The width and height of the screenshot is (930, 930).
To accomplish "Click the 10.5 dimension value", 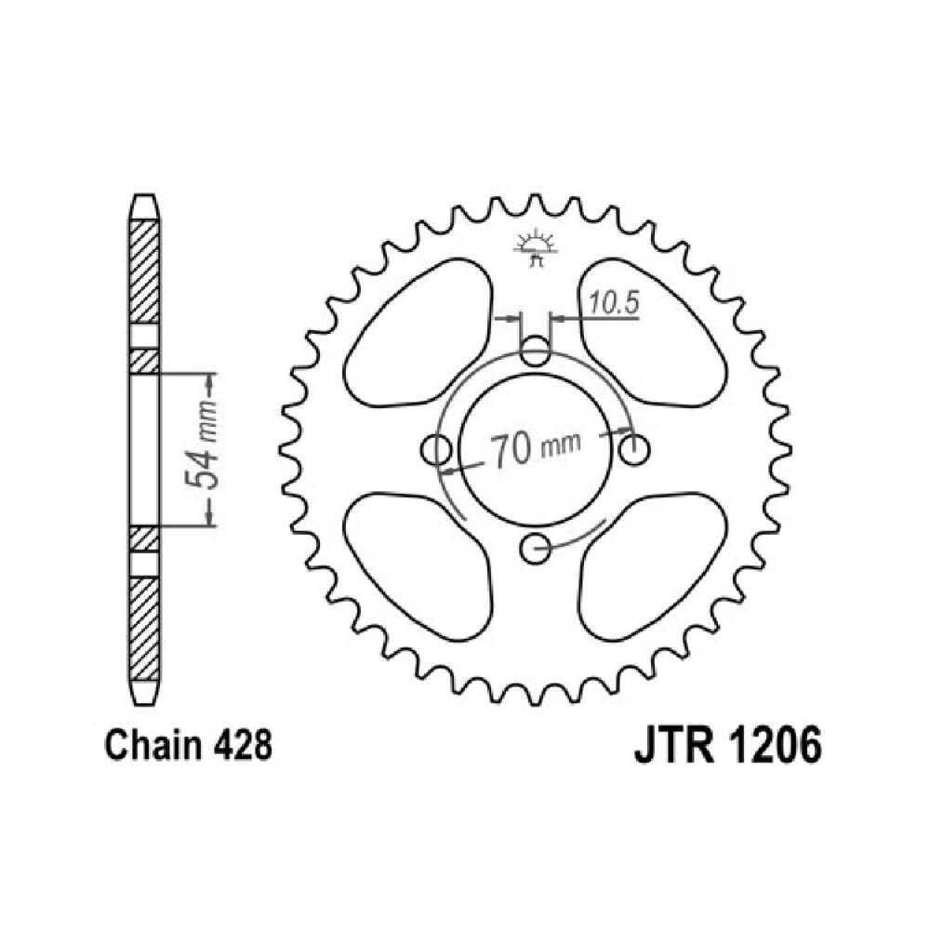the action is point(615,303).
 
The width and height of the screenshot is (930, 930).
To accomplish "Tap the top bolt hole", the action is point(535,351).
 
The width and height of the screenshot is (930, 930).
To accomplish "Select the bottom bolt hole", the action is point(535,548).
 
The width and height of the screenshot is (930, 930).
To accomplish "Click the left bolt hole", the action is point(436,449).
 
